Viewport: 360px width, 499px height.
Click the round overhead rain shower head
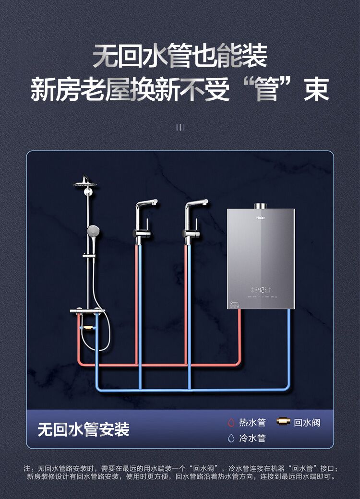point(85,183)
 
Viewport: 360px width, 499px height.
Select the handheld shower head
point(93,230)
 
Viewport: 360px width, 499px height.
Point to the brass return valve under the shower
point(88,328)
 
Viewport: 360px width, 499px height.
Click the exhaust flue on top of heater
point(261,206)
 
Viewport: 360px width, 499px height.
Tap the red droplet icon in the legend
point(231,423)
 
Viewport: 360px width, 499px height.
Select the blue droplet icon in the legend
point(231,438)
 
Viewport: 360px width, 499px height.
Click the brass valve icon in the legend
point(283,422)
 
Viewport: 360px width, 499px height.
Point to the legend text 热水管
point(252,423)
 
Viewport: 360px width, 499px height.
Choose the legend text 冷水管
point(252,438)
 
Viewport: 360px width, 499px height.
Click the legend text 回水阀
point(307,423)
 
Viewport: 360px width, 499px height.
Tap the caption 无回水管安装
point(84,429)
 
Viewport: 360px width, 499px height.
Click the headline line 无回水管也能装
point(180,56)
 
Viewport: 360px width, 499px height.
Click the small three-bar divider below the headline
point(180,127)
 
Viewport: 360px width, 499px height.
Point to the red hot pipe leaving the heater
point(240,336)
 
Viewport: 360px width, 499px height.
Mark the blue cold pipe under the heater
point(289,345)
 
